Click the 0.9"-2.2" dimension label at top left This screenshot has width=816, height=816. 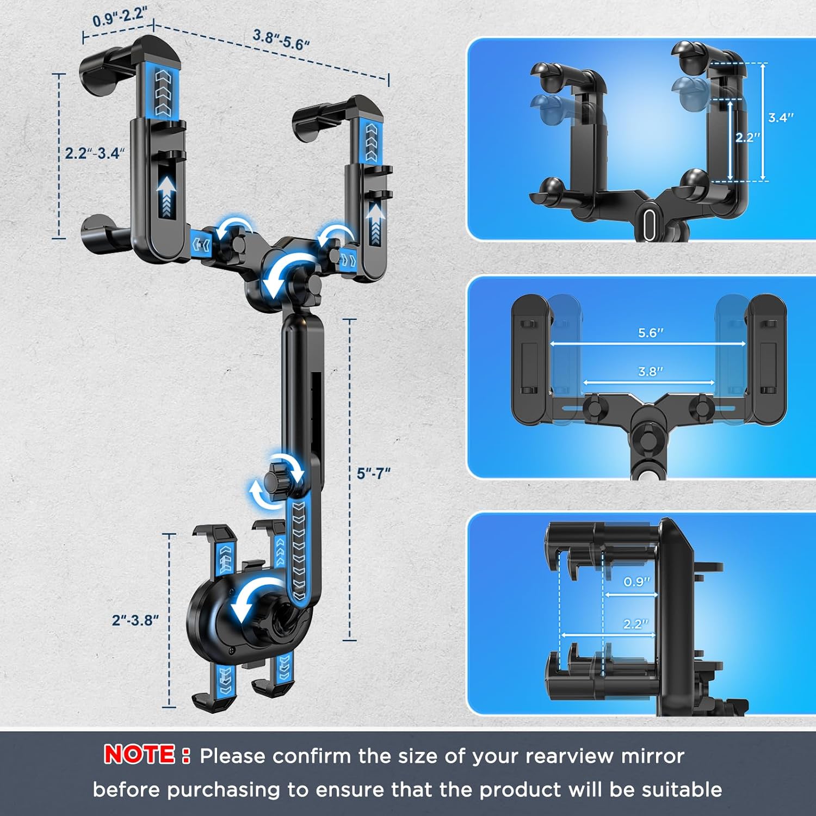click(x=119, y=16)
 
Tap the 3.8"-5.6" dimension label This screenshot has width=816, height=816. click(x=281, y=40)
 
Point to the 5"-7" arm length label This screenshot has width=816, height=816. click(x=374, y=473)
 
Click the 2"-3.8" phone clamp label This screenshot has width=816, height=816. click(x=135, y=620)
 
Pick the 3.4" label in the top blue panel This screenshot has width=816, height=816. click(x=781, y=118)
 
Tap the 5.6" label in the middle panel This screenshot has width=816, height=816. click(x=651, y=332)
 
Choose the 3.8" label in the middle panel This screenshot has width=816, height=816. click(x=651, y=372)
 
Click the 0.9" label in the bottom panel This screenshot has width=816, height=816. click(x=636, y=582)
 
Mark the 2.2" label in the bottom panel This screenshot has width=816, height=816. click(x=636, y=624)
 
